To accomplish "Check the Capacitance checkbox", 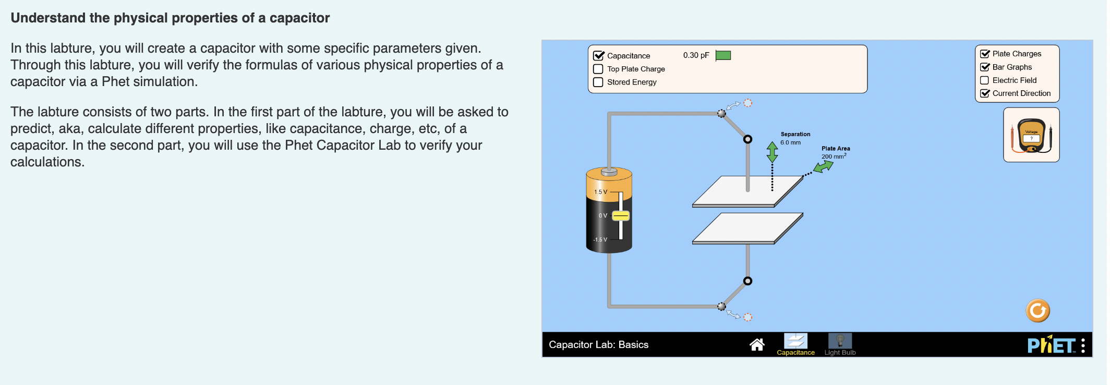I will click(599, 56).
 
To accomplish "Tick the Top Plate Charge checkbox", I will click(599, 69).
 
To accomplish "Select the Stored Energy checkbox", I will click(599, 82).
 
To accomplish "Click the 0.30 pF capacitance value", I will click(696, 55).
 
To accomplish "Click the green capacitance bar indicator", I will click(723, 55).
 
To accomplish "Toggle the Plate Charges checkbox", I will click(985, 54).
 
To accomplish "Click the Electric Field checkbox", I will click(985, 80).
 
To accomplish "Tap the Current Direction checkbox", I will click(985, 93).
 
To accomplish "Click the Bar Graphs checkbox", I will click(985, 67).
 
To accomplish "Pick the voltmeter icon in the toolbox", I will click(1031, 136).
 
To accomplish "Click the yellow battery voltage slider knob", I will click(621, 215).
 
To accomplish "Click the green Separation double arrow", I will click(772, 152).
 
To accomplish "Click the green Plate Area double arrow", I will click(824, 167).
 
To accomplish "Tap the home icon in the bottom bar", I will click(757, 344).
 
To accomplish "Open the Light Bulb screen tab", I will click(840, 344).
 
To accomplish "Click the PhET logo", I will click(1051, 345).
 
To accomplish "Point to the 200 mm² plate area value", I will click(834, 157).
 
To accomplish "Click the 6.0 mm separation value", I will click(790, 142).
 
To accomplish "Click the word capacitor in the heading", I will click(299, 18).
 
